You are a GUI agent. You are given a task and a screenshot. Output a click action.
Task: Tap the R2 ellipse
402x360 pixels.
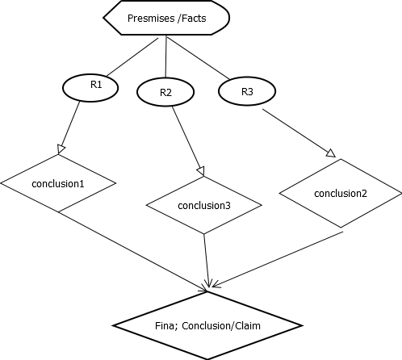(165, 93)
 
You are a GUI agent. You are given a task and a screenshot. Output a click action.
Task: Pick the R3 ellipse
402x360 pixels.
(247, 91)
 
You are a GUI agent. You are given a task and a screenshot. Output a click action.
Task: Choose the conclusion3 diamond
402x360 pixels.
(205, 205)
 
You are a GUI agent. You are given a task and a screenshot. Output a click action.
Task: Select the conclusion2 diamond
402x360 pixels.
(339, 193)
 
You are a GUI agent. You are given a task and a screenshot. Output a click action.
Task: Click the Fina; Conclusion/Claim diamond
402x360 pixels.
(207, 325)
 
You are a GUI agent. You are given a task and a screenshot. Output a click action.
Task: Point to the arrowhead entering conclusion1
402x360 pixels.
(60, 147)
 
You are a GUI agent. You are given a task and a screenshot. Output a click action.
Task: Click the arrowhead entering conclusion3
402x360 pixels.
(201, 170)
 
